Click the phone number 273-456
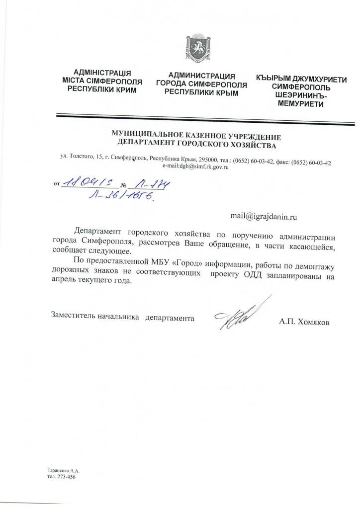[x=66, y=477]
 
